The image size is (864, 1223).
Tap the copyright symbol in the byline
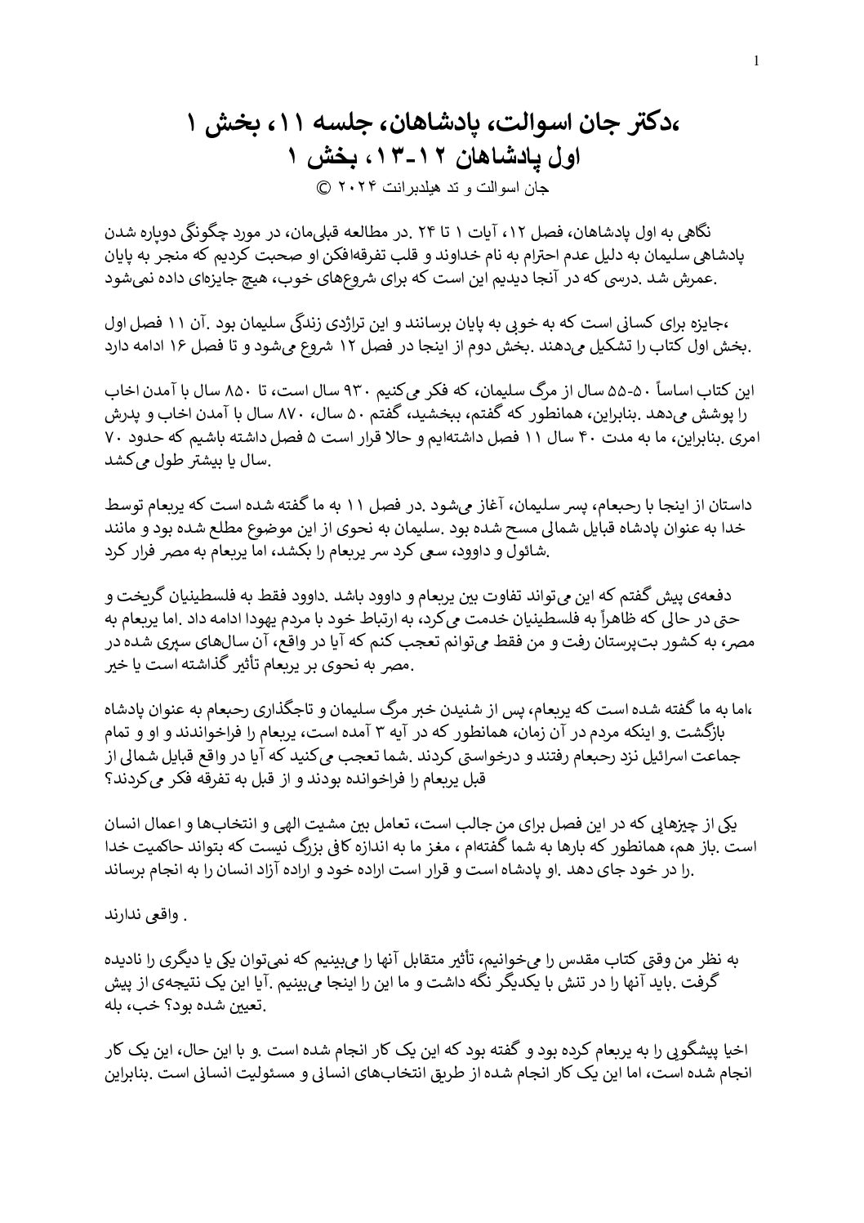(x=323, y=186)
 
